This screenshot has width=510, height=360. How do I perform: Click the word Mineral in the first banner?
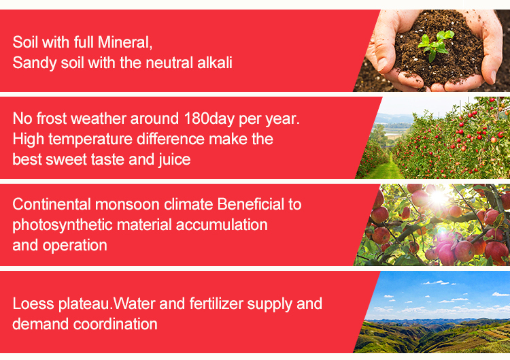[x=125, y=42]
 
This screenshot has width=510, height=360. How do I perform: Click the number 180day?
[x=209, y=118]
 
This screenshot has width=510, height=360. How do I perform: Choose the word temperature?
[x=90, y=140]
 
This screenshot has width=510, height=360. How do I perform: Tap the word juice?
[x=175, y=159]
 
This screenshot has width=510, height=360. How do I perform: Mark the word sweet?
[x=66, y=159]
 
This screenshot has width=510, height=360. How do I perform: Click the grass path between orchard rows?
[x=387, y=169]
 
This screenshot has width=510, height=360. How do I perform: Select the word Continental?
[x=52, y=204]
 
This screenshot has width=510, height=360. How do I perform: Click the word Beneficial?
[x=250, y=204]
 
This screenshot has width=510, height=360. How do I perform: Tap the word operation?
[x=75, y=246]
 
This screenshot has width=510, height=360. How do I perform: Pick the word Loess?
[x=33, y=304]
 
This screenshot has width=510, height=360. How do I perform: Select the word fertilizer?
[x=216, y=304]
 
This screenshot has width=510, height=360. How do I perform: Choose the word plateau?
[x=84, y=304]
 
